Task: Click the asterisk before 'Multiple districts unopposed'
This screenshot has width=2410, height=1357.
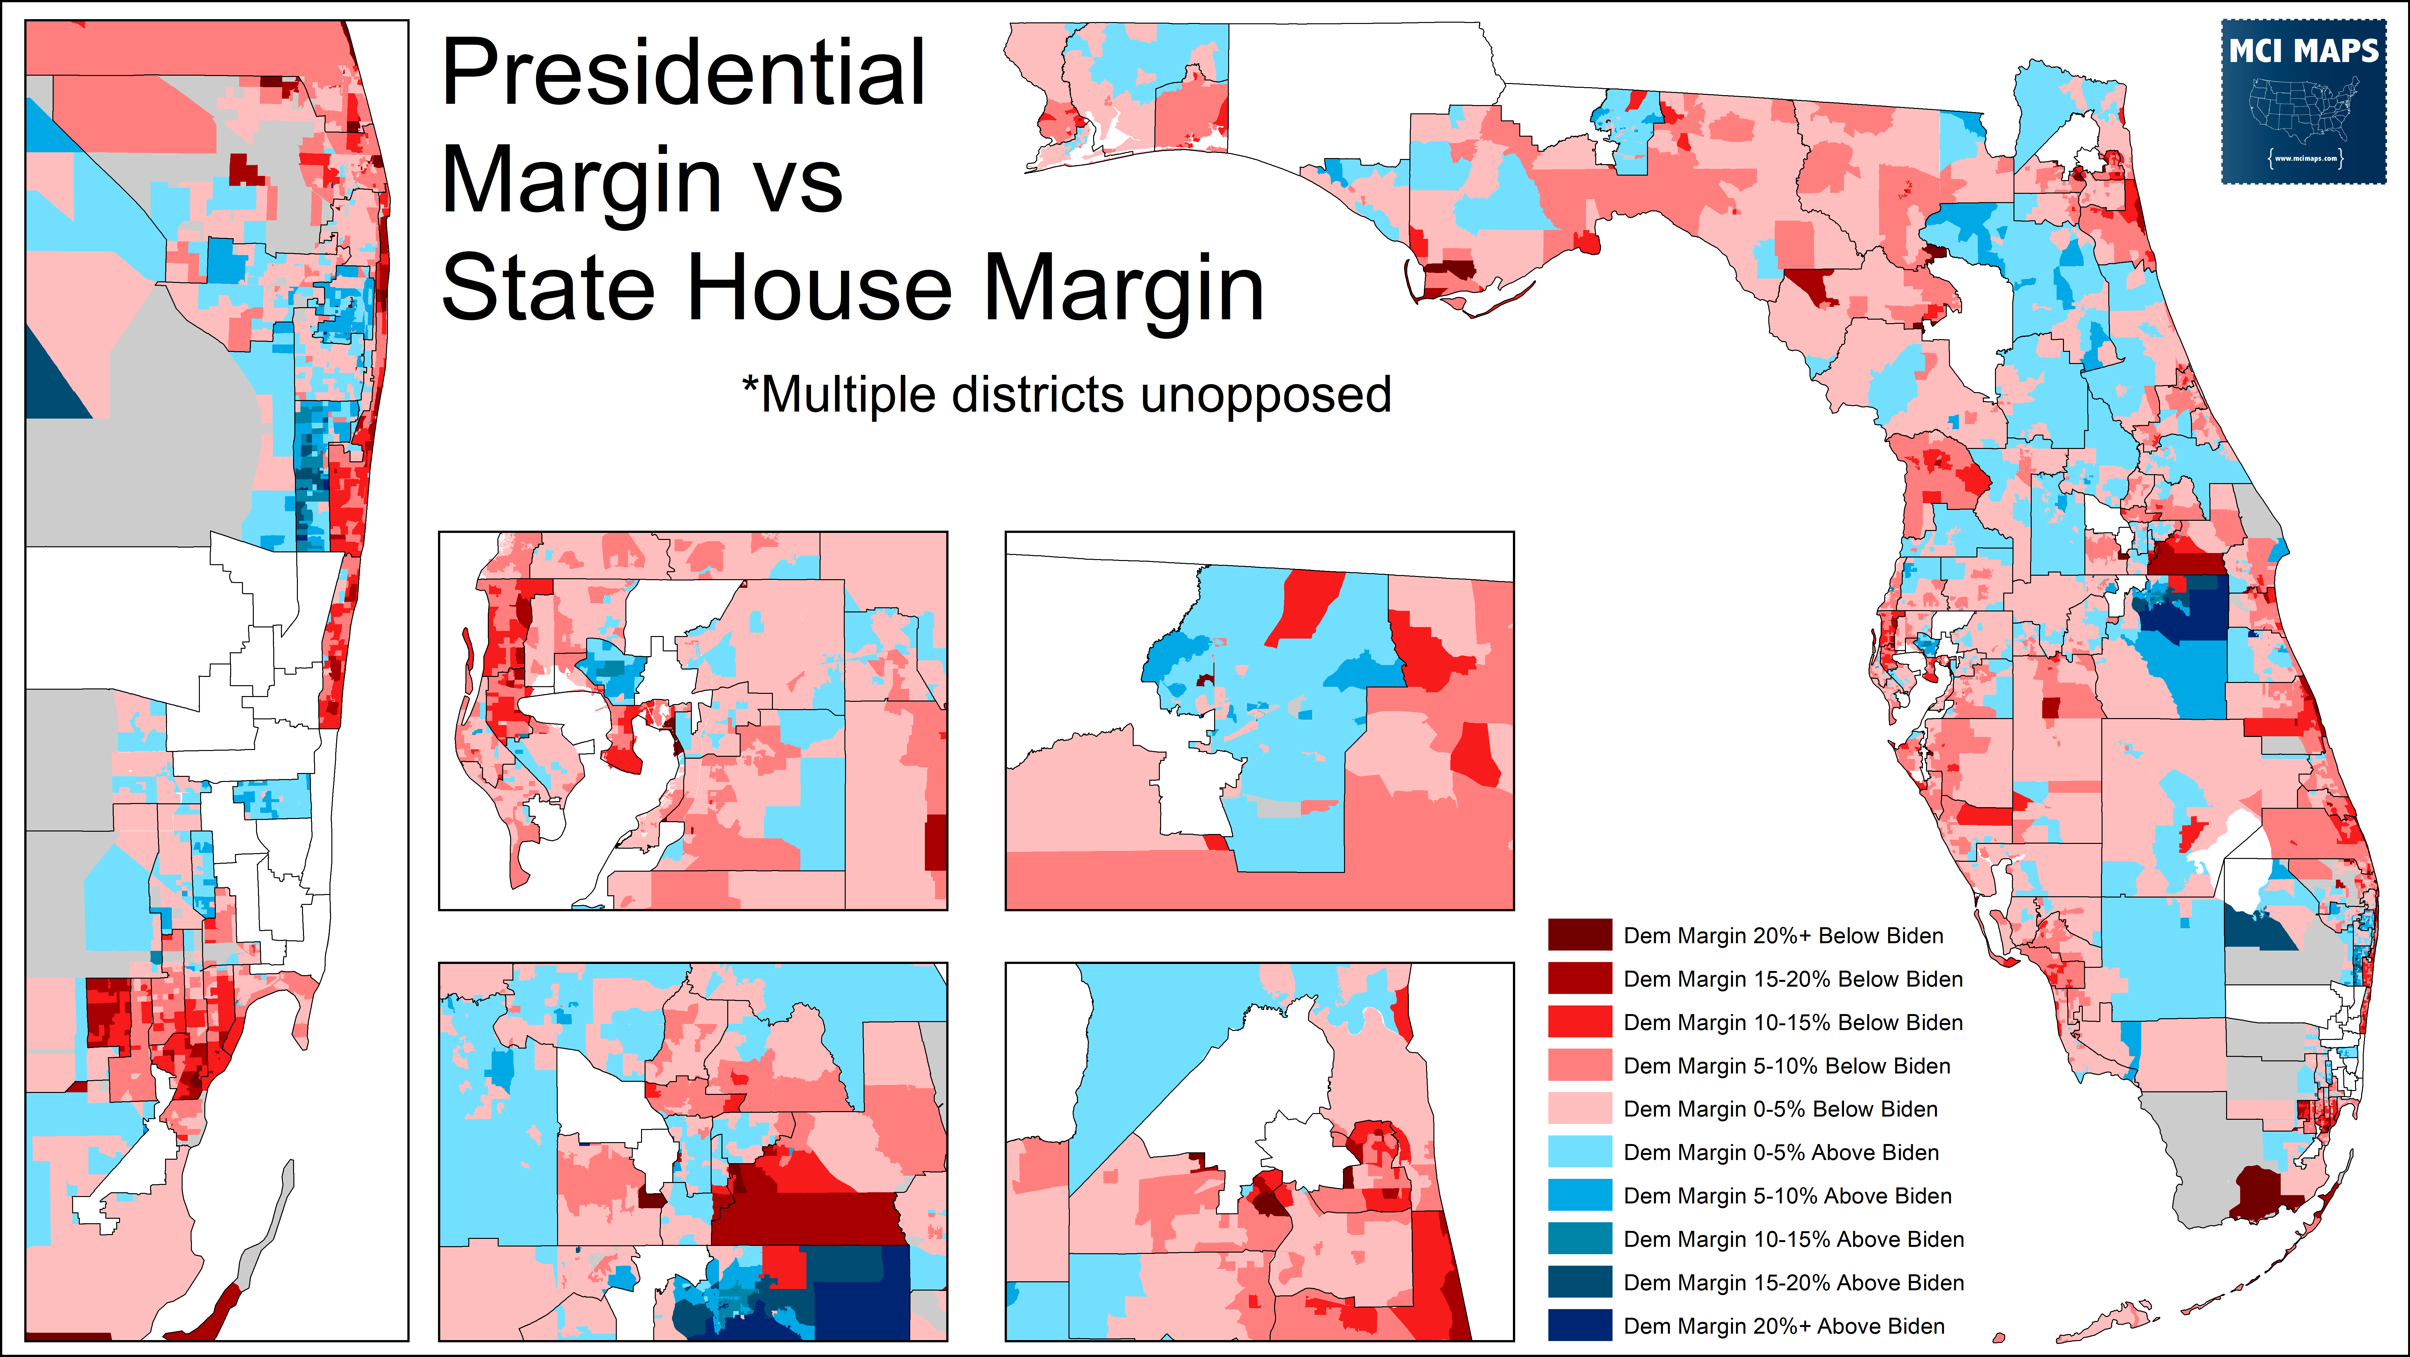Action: [749, 384]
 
